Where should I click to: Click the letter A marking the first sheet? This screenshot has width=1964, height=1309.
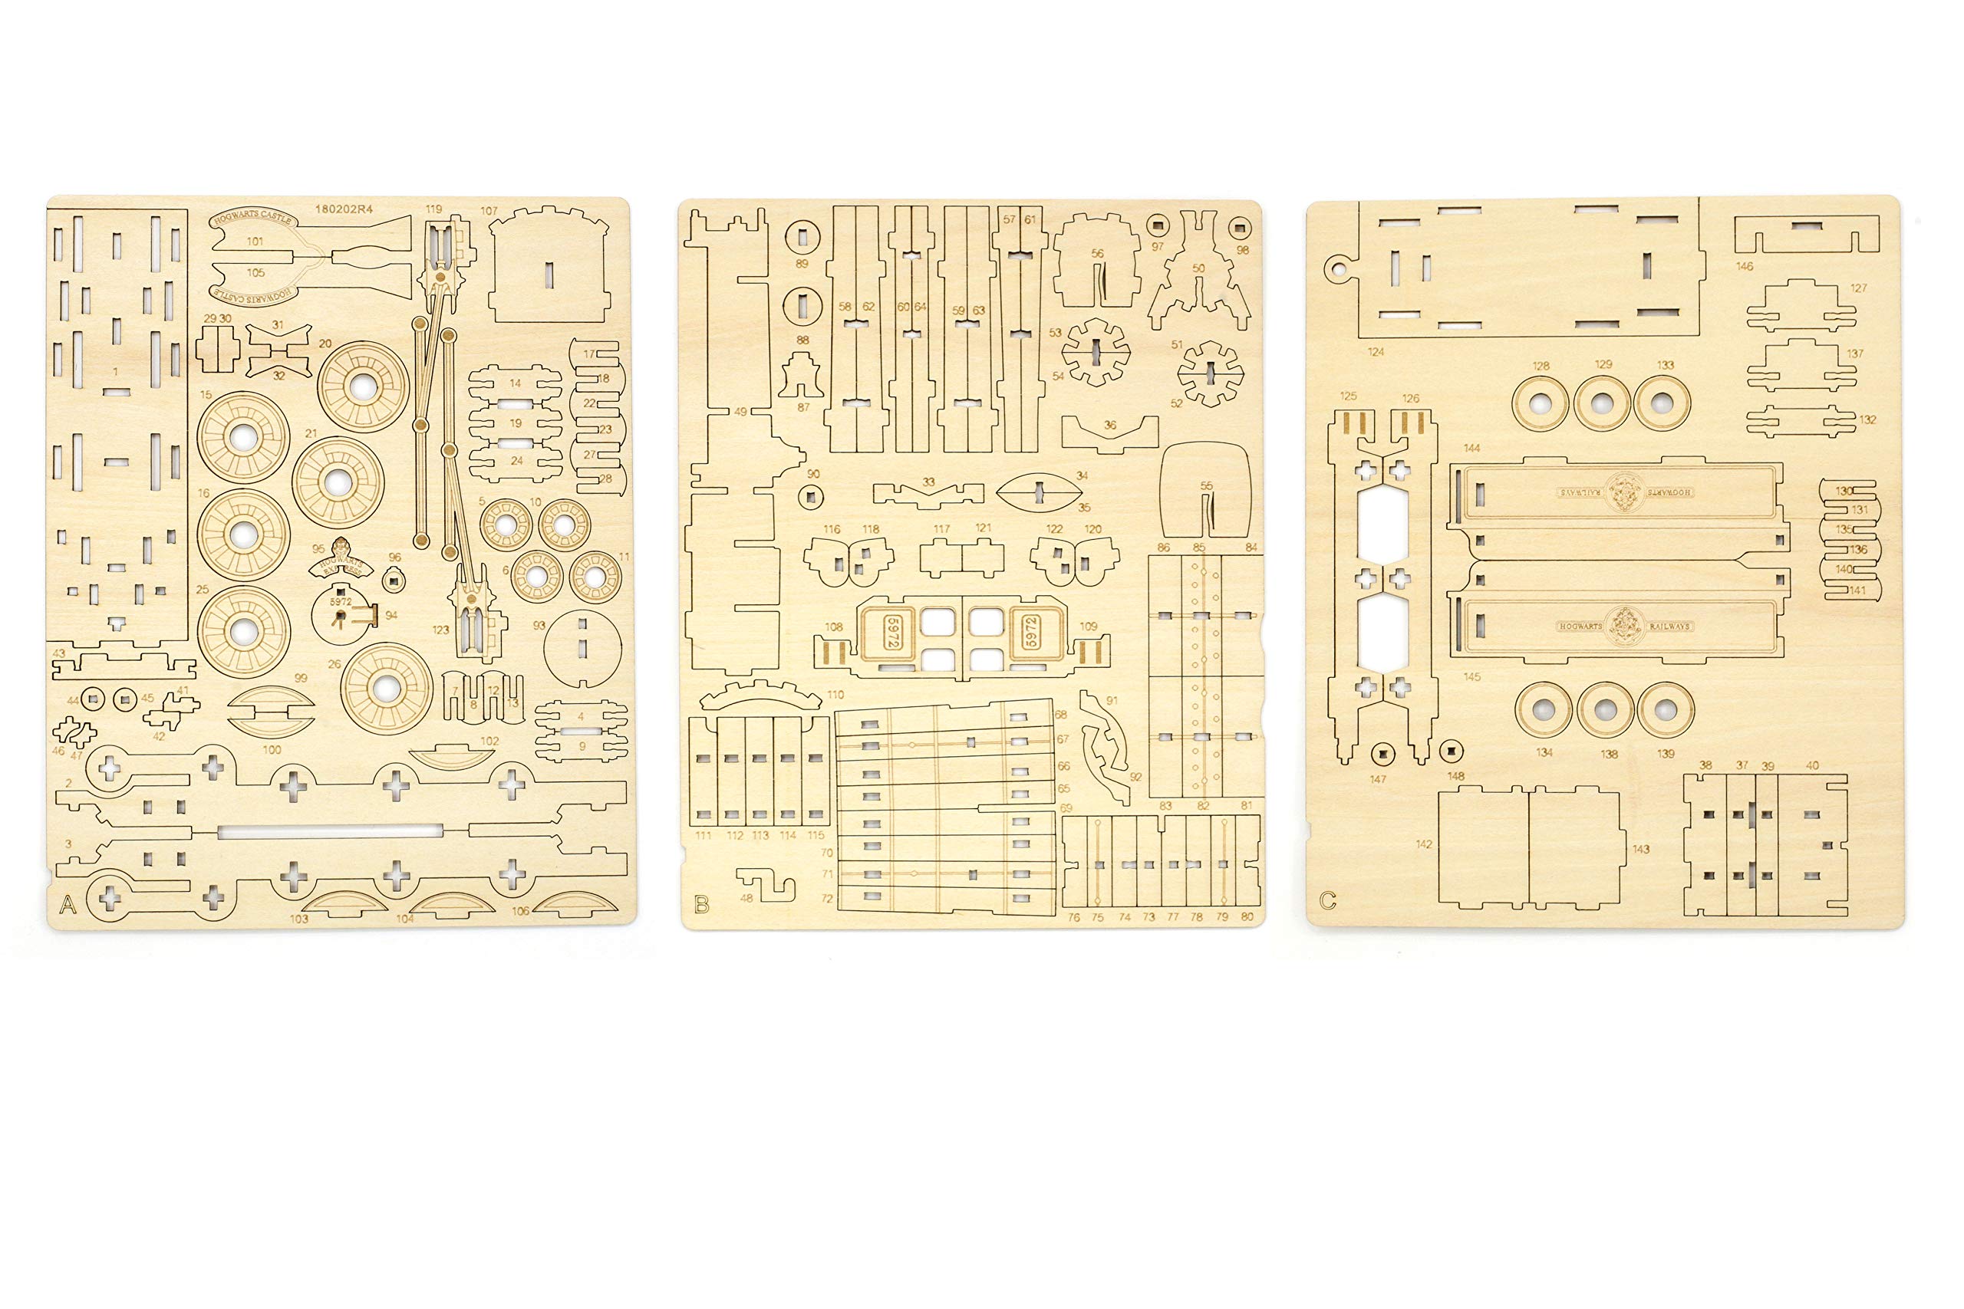coord(68,905)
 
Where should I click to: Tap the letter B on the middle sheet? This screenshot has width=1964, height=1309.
coord(701,905)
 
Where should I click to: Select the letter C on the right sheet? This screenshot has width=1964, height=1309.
coord(1328,901)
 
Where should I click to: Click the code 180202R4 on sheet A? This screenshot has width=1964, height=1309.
coord(344,209)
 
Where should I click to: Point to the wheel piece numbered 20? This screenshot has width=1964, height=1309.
coord(363,386)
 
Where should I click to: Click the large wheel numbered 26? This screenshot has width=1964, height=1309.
coord(386,688)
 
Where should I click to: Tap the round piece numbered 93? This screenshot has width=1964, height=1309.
coord(583,648)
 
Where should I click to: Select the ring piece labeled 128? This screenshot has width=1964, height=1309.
coord(1540,404)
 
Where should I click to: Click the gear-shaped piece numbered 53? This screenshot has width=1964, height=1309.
coord(1096,351)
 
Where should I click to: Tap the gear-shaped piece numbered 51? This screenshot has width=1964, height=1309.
coord(1210,373)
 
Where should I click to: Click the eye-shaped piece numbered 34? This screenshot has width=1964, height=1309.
coord(1039,492)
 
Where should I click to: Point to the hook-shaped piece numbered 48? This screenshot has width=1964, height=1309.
coord(766,884)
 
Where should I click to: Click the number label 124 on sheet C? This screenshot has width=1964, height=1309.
coord(1376,351)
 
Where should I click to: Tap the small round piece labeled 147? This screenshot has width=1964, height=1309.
coord(1382,755)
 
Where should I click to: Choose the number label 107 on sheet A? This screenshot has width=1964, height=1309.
coord(489,211)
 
